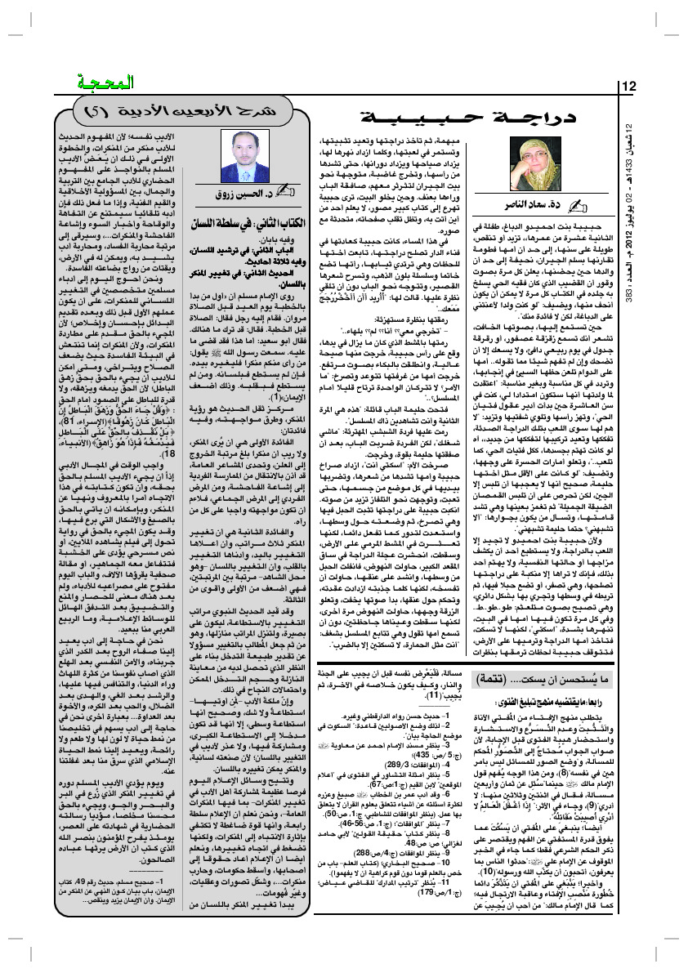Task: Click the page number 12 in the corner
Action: (632, 87)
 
